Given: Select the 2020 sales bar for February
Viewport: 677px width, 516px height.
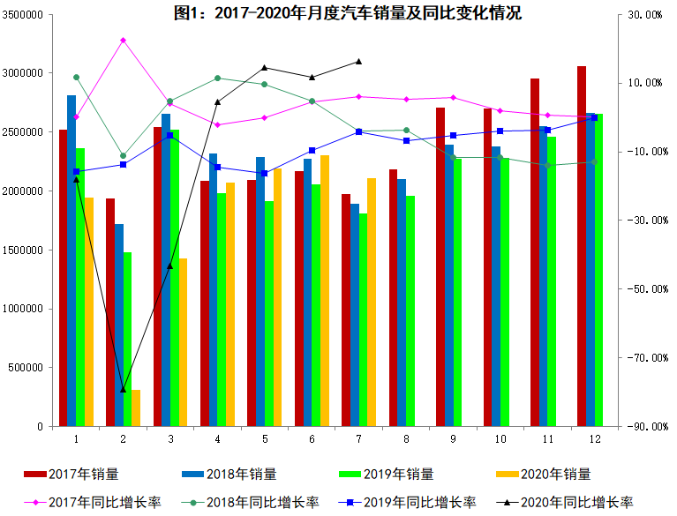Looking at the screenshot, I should click(x=136, y=408).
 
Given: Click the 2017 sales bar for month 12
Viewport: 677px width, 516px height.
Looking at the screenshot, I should click(x=582, y=247).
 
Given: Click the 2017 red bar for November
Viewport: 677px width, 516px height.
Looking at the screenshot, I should click(x=535, y=252).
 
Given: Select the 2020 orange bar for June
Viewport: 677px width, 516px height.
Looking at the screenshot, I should click(x=325, y=291).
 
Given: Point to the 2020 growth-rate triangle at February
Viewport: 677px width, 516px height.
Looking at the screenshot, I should click(x=123, y=389).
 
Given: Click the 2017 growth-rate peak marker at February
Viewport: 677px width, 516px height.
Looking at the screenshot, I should click(x=123, y=40).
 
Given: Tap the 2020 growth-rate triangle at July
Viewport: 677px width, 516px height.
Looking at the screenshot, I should click(x=358, y=61).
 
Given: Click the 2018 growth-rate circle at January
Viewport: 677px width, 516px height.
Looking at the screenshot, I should click(x=76, y=78).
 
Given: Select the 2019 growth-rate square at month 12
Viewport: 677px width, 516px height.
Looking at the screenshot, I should click(x=594, y=117).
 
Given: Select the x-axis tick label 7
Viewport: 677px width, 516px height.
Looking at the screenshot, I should click(x=358, y=438).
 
